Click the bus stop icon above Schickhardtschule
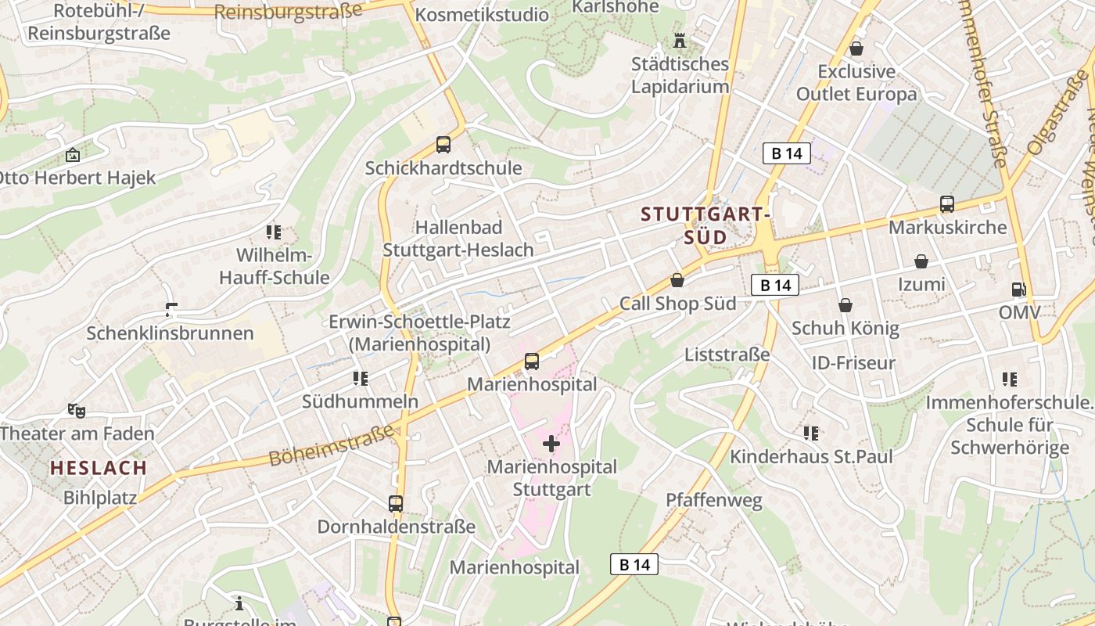tap(443, 145)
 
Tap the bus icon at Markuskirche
tap(947, 204)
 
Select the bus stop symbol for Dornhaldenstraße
tap(396, 503)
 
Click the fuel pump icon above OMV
tap(1018, 290)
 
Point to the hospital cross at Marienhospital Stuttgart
tap(551, 444)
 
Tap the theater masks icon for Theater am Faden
tap(77, 410)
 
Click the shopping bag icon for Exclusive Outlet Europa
tap(856, 49)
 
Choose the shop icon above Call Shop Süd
tap(677, 280)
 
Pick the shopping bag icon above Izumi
tap(921, 261)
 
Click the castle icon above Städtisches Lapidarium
tap(680, 40)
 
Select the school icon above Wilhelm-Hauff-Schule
tap(273, 232)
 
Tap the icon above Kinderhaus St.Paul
tap(811, 433)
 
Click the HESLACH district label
tap(99, 469)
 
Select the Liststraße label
tap(727, 354)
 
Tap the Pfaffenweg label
tap(713, 501)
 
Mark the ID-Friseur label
tap(853, 363)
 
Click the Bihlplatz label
tap(100, 497)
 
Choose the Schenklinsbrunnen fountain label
tap(170, 333)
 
